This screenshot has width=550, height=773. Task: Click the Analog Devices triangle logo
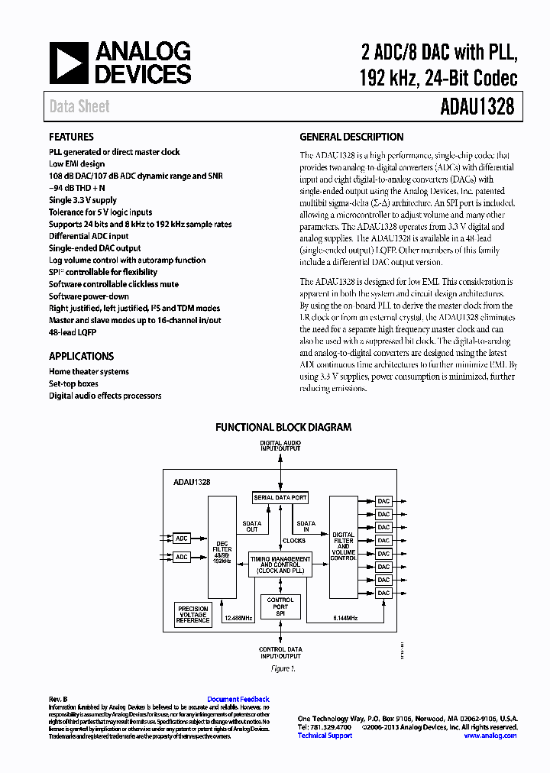click(69, 63)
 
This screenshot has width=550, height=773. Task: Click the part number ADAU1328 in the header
click(477, 107)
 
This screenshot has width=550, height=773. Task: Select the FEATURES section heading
click(71, 137)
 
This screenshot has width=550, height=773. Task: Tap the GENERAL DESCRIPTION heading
click(351, 137)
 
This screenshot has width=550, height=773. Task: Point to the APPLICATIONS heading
click(81, 356)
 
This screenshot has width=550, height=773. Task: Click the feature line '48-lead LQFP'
click(73, 332)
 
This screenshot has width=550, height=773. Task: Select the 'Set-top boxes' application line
click(73, 383)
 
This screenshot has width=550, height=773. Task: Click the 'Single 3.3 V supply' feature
click(82, 200)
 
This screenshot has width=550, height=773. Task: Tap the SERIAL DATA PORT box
click(280, 498)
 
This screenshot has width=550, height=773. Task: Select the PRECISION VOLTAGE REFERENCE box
click(193, 615)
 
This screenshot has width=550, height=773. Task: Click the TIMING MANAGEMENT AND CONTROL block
click(280, 564)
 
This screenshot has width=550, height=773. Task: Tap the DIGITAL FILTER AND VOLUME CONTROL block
click(343, 546)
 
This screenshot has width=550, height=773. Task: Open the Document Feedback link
click(238, 699)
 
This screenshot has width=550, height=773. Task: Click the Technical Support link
click(325, 736)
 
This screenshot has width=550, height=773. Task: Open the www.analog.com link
click(490, 736)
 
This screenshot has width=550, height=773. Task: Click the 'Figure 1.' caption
click(282, 669)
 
